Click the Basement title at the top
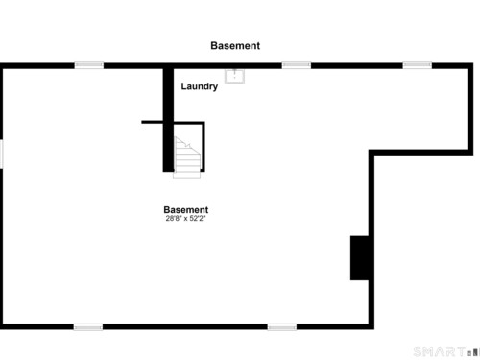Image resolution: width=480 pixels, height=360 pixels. (x=235, y=46)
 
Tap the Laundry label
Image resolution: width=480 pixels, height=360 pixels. (x=200, y=86)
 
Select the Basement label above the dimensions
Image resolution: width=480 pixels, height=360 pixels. (x=186, y=210)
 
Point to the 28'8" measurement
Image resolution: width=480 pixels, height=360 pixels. (x=174, y=219)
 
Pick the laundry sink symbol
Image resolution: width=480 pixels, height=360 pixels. (x=234, y=76)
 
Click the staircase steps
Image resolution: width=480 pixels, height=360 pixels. (x=187, y=155)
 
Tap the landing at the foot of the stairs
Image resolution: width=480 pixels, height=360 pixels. (x=187, y=175)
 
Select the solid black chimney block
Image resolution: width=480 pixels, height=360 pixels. (x=360, y=258)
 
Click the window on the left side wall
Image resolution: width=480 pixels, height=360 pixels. (x=1, y=154)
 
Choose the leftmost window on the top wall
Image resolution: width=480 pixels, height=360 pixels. (x=89, y=65)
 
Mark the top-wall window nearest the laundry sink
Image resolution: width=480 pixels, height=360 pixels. (x=297, y=65)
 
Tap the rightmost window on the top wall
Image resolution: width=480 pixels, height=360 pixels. (x=418, y=65)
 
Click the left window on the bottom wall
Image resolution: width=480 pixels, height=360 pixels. (x=88, y=327)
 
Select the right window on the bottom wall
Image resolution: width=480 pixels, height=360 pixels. (x=282, y=327)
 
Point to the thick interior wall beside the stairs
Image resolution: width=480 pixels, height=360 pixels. (x=168, y=120)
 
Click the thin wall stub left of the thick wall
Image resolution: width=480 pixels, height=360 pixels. (x=153, y=122)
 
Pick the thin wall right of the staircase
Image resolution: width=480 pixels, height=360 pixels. (x=204, y=147)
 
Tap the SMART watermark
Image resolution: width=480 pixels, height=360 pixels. (x=440, y=351)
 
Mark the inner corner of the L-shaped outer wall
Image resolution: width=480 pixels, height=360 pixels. (x=372, y=153)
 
